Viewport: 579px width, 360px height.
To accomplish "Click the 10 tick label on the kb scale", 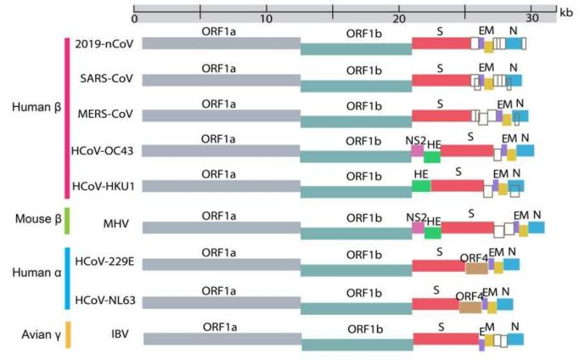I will tap(267, 18).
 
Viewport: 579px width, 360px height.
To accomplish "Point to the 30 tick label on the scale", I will tap(532, 18).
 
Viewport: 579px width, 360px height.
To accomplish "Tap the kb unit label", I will tap(565, 12).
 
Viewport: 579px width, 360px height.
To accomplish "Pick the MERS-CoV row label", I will tap(102, 115).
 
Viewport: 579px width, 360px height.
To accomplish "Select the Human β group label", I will tap(35, 107).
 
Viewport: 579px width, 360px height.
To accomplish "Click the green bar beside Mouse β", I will tap(66, 220).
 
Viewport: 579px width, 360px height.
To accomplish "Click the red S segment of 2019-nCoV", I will tap(441, 42).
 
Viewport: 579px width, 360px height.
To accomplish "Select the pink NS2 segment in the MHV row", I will tap(418, 227).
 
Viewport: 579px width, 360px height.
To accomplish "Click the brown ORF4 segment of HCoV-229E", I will tap(476, 268).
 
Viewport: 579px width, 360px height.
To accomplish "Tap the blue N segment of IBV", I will tap(515, 339).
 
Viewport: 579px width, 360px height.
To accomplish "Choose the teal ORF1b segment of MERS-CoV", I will tap(357, 121).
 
